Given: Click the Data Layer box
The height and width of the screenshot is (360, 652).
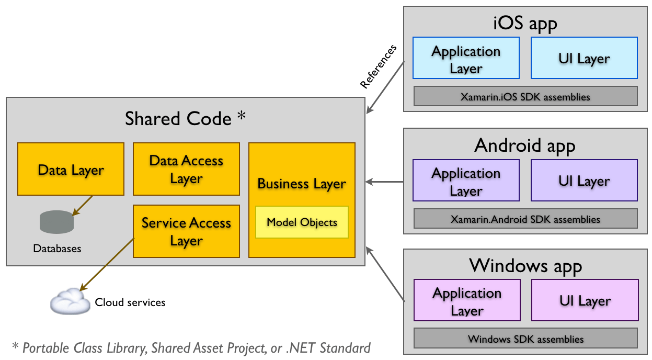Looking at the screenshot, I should tap(71, 169).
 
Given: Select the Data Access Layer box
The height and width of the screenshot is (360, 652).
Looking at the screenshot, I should tap(186, 169).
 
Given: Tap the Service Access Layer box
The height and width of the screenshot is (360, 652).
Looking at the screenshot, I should tap(186, 231).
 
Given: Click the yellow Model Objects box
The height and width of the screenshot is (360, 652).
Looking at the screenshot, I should tap(302, 222).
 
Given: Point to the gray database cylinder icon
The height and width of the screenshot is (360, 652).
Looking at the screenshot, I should tap(56, 222).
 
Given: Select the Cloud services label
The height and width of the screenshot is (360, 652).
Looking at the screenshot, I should tap(130, 302).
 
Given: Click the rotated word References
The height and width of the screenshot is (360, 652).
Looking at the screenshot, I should tap(378, 66).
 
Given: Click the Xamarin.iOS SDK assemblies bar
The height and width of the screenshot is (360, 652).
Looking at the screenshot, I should tap(525, 96).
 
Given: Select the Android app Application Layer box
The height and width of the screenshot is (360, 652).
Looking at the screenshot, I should tap(466, 181).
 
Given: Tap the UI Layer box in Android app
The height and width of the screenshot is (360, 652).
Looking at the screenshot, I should tap(584, 181).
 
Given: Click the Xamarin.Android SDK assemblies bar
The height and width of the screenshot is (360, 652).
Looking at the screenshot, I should tap(525, 219).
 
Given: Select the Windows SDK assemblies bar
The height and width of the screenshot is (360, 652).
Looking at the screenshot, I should tap(525, 339).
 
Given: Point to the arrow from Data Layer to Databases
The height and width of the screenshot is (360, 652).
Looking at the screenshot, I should tap(82, 206).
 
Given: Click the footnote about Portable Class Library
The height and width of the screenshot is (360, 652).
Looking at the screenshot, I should tap(191, 347).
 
